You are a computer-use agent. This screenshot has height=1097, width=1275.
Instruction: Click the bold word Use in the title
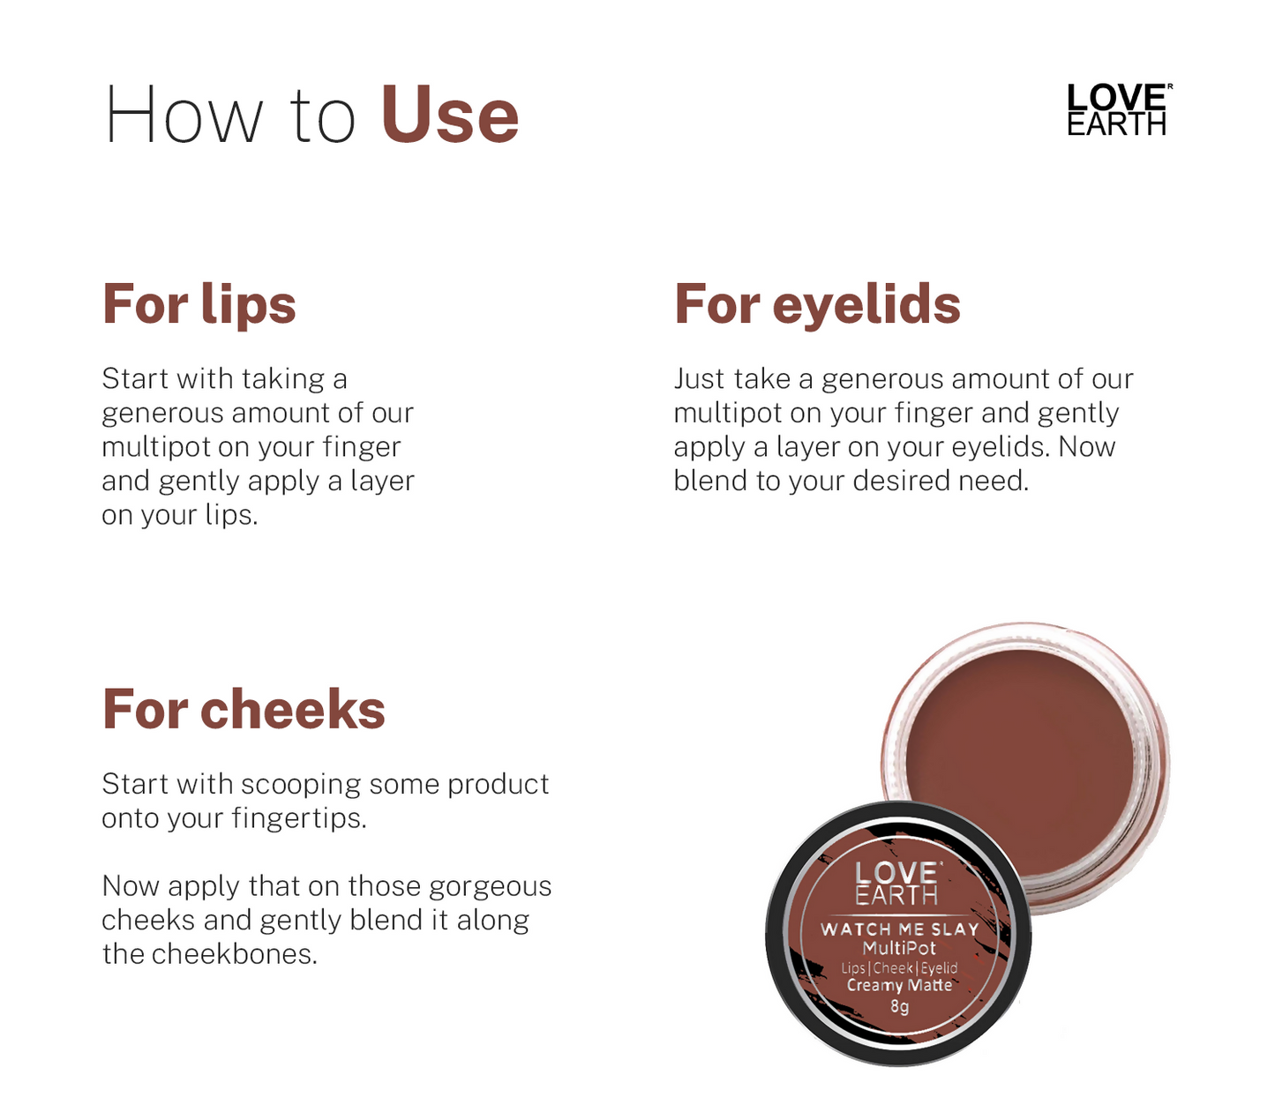[449, 116]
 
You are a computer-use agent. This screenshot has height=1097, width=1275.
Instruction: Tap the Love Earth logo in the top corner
[1118, 110]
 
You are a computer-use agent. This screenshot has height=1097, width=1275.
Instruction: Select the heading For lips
[199, 304]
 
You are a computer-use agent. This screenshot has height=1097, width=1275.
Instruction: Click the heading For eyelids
[817, 304]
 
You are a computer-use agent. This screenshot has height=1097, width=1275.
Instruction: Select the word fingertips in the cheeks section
[299, 818]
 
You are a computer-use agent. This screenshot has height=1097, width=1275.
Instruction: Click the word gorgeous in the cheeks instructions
[490, 886]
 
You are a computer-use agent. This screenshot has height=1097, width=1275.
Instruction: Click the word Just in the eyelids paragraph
[700, 379]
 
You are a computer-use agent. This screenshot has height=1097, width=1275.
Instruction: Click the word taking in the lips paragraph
[283, 379]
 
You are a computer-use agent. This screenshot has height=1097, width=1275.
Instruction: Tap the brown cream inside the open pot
[1019, 758]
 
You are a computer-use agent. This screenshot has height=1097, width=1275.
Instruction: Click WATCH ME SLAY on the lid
[899, 929]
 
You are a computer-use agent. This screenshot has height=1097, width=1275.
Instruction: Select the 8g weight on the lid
[899, 1006]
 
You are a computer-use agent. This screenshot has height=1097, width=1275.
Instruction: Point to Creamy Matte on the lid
[899, 986]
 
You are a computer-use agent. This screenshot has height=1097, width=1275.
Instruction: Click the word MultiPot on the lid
[899, 948]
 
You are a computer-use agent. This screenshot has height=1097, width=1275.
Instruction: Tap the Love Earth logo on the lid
[896, 884]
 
